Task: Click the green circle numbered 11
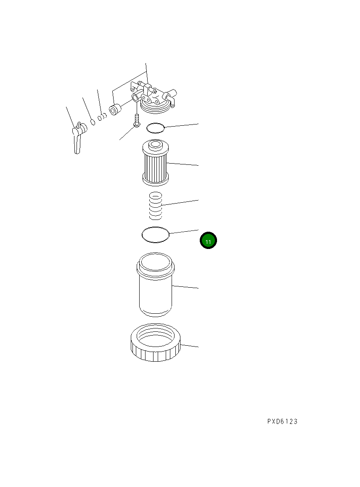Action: [x=208, y=241]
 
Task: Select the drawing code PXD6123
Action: [x=282, y=421]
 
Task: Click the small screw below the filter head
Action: [x=136, y=120]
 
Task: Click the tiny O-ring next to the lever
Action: [x=93, y=122]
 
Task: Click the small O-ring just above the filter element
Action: [x=156, y=128]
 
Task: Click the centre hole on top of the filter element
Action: [x=156, y=145]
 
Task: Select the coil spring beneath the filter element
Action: [x=156, y=206]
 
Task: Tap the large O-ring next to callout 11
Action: [x=155, y=235]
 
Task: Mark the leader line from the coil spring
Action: [x=181, y=203]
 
